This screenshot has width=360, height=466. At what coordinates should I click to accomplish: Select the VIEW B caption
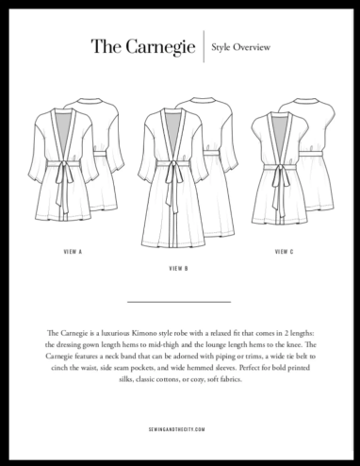pos(179,270)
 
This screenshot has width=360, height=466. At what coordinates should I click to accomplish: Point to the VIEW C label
pos(285,252)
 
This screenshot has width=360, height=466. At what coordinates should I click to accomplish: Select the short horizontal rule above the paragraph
pos(178,301)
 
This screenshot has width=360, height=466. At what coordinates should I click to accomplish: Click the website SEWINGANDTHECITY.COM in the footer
pos(179,426)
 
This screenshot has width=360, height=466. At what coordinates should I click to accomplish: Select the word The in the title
pos(106,45)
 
